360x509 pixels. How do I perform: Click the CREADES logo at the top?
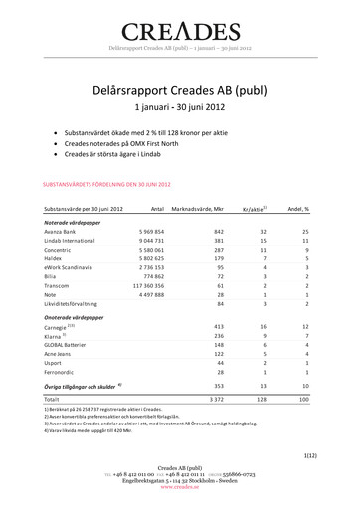click(180, 31)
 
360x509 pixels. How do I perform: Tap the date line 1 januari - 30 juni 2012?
click(180, 106)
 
